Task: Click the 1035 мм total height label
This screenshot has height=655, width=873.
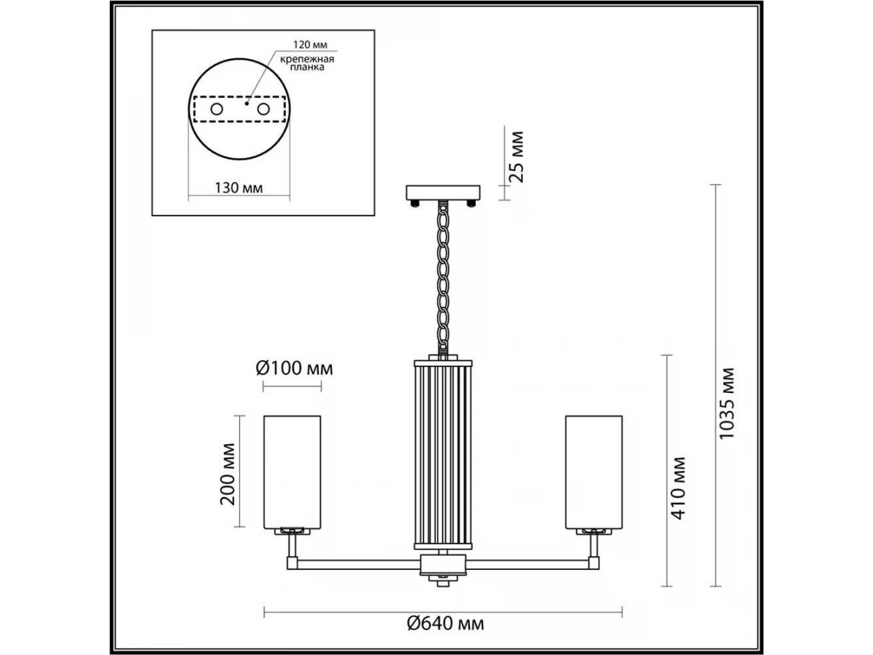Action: click(727, 403)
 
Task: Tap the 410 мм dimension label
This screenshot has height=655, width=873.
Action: click(679, 488)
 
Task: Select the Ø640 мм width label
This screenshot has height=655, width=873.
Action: click(445, 624)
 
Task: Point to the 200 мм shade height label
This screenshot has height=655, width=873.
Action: click(228, 474)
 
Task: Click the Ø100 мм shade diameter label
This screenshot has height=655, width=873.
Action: click(295, 369)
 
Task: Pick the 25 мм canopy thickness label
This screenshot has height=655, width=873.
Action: click(517, 156)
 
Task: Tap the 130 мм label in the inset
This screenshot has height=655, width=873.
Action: click(239, 188)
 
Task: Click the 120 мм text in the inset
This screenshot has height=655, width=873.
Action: click(310, 44)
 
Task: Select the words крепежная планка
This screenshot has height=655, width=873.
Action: click(307, 63)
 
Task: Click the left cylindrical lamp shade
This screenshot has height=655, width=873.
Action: click(292, 472)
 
